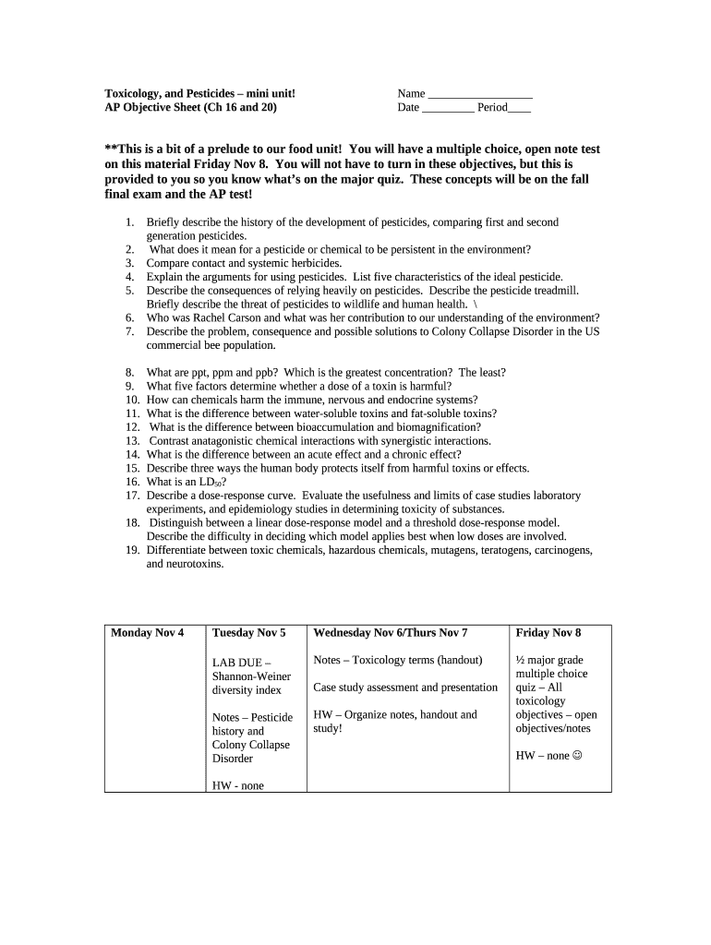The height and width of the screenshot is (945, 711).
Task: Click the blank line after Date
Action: [x=448, y=108]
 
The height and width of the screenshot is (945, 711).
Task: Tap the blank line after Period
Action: [x=520, y=108]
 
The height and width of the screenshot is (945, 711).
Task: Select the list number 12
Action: [x=132, y=427]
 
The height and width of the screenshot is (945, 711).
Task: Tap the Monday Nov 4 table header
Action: [x=147, y=632]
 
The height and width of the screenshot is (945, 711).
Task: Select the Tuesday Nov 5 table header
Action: [x=248, y=632]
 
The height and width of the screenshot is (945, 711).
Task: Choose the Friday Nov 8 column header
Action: [x=548, y=632]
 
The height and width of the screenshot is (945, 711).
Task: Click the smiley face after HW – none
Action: [x=578, y=756]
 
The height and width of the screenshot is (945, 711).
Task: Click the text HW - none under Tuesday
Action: [x=237, y=786]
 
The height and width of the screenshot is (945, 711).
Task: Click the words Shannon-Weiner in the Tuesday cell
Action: [x=251, y=676]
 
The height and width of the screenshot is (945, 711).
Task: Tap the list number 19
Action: [x=132, y=550]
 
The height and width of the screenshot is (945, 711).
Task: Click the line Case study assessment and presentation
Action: [x=405, y=688]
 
